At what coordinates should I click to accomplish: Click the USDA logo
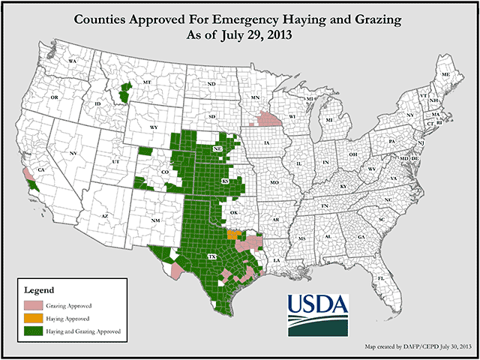[318, 314]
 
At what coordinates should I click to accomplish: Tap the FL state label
[381, 277]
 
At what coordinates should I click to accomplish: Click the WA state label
[73, 60]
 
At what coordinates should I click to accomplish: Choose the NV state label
[73, 153]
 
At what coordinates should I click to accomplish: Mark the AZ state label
[106, 216]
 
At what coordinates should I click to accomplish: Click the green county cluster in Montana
[124, 93]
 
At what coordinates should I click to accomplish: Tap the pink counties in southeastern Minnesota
[267, 119]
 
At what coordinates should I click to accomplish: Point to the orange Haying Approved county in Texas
[234, 234]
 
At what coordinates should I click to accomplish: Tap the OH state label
[352, 154]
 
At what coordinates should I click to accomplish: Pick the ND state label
[211, 84]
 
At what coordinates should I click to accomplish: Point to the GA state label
[361, 237]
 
